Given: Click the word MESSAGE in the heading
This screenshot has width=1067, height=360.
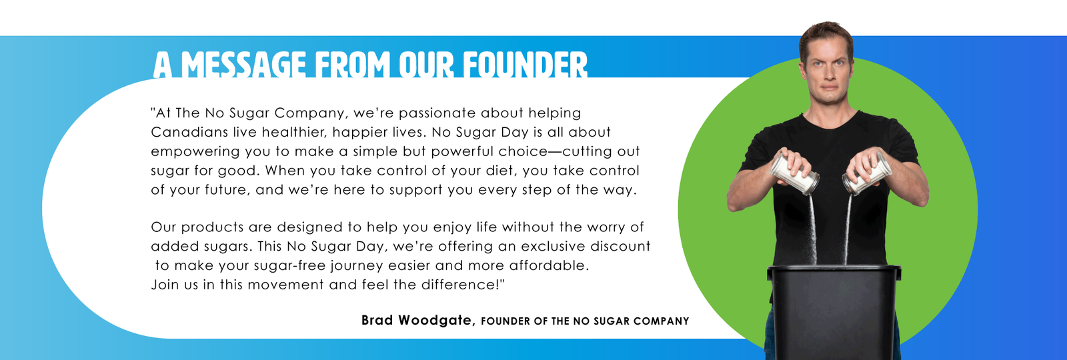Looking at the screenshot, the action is click(x=244, y=65).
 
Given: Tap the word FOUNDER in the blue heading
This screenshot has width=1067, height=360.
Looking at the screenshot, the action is click(x=525, y=65).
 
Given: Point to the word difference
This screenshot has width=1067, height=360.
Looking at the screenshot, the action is click(x=458, y=285).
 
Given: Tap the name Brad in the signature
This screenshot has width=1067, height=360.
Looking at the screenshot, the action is click(x=377, y=320).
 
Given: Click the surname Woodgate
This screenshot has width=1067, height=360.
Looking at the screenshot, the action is click(x=436, y=321).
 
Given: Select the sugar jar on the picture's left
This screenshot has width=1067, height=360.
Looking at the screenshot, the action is click(x=794, y=173).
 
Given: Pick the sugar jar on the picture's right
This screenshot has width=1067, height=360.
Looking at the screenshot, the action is click(x=866, y=174).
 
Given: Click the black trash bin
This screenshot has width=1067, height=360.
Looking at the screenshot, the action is click(x=834, y=312).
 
